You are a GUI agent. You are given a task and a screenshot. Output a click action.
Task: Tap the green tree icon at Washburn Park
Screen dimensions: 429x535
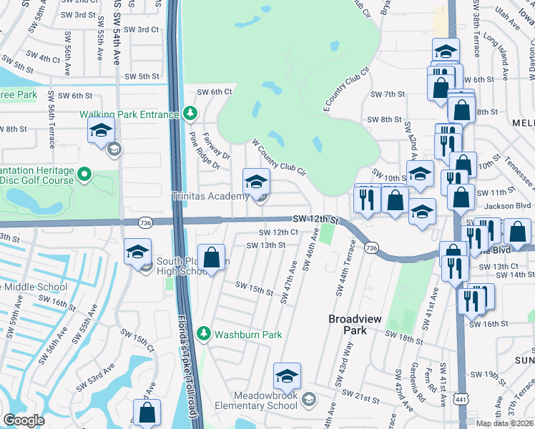click(204, 334)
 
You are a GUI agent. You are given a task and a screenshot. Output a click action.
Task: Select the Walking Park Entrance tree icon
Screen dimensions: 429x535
click(190, 113)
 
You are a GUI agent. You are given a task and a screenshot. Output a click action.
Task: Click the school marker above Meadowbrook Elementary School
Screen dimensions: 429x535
click(287, 376)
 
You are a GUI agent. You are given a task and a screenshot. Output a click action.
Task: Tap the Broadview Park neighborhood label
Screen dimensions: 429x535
click(348, 325)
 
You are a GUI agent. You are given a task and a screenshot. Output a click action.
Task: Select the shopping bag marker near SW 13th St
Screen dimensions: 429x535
click(212, 259)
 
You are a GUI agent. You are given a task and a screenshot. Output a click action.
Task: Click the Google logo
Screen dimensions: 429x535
click(24, 420)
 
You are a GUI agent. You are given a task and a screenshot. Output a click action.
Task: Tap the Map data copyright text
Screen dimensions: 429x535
click(504, 423)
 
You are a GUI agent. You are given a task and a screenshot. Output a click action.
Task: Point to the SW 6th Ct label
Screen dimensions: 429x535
click(215, 92)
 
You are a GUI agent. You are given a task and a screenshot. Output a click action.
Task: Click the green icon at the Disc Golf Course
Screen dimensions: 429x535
click(84, 174)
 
